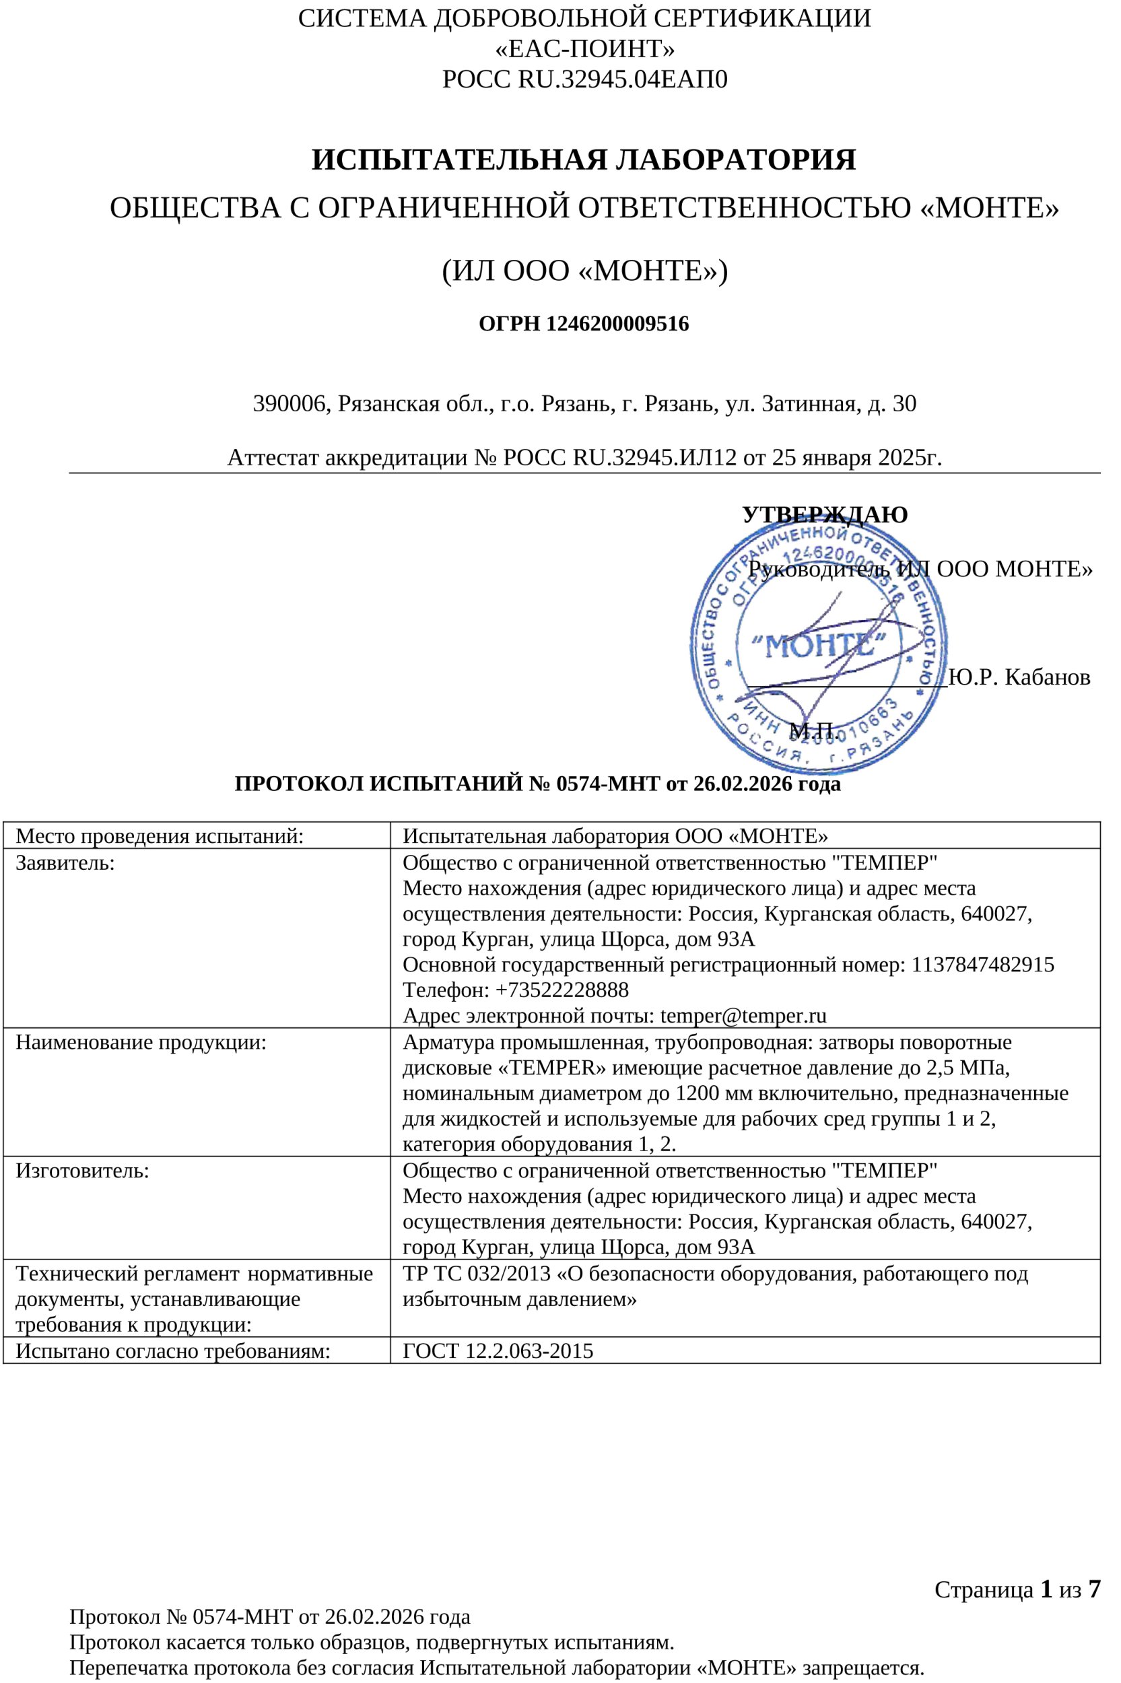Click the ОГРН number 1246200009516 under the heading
tap(617, 324)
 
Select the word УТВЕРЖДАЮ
tap(824, 514)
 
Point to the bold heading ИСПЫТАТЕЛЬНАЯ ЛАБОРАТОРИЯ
tap(583, 160)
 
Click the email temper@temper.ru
tap(743, 1015)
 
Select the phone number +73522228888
tap(562, 990)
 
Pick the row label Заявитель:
tap(65, 862)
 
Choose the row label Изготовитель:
tap(82, 1171)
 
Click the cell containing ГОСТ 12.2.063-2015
tap(498, 1350)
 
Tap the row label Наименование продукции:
tap(141, 1042)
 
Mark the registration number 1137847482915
tap(983, 965)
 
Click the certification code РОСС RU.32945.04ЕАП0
tap(584, 79)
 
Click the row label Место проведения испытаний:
tap(160, 835)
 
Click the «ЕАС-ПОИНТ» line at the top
tap(584, 48)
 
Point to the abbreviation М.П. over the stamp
tap(811, 730)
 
